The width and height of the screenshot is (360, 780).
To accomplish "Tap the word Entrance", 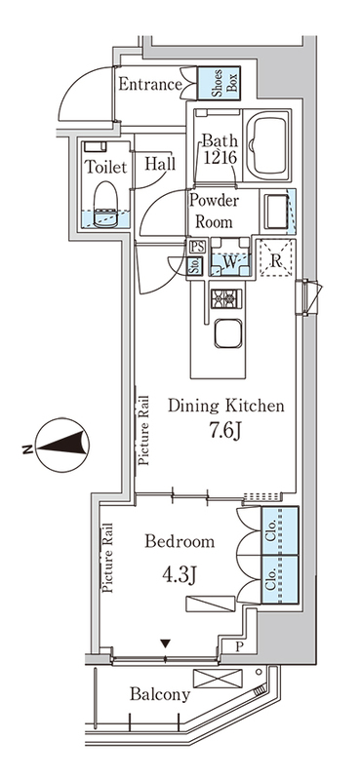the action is tap(150, 84).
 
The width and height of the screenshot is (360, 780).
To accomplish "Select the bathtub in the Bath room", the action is tap(268, 147).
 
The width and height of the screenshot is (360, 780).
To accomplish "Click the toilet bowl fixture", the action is tap(105, 204).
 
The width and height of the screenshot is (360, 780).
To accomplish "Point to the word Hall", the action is tap(160, 164).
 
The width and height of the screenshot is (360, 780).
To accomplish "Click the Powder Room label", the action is tap(214, 211).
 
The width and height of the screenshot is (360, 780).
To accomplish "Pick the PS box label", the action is tap(195, 247).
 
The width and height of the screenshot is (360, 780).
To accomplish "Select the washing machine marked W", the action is tap(229, 256).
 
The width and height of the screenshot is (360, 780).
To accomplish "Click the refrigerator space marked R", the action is tap(277, 257).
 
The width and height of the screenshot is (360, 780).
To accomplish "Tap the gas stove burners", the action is tap(225, 299).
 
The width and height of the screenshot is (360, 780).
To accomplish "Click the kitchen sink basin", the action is tap(228, 333).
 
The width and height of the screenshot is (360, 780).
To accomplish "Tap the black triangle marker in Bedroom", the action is tap(166, 643).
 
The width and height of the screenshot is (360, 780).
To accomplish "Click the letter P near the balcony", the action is tap(239, 646).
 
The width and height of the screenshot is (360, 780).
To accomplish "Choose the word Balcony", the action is tap(160, 694).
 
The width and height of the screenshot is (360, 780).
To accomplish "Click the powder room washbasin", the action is tap(276, 212).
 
